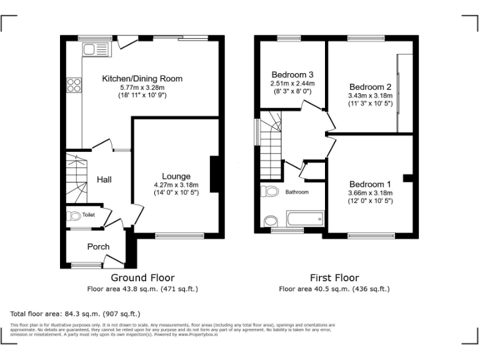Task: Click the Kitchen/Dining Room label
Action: tap(142, 78)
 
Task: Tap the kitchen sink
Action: tap(86, 48)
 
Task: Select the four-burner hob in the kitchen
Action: tap(74, 84)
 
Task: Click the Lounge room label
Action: tap(176, 176)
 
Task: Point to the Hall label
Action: tap(104, 179)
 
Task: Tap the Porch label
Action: tap(98, 246)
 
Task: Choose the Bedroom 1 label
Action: tap(370, 184)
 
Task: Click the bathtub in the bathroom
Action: tap(304, 219)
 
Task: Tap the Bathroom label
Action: tap(297, 192)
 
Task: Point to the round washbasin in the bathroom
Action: tap(270, 221)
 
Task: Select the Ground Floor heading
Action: tap(142, 277)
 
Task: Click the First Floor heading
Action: tap(334, 277)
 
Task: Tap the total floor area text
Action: tap(76, 313)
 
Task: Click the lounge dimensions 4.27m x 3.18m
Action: tap(176, 185)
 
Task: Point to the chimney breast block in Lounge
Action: tap(214, 174)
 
